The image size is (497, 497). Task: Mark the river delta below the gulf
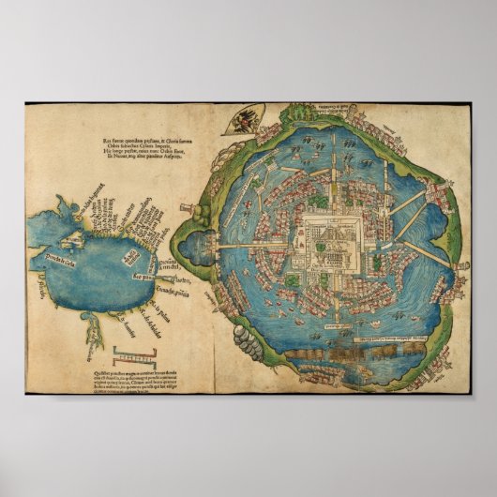tap(94, 328)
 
